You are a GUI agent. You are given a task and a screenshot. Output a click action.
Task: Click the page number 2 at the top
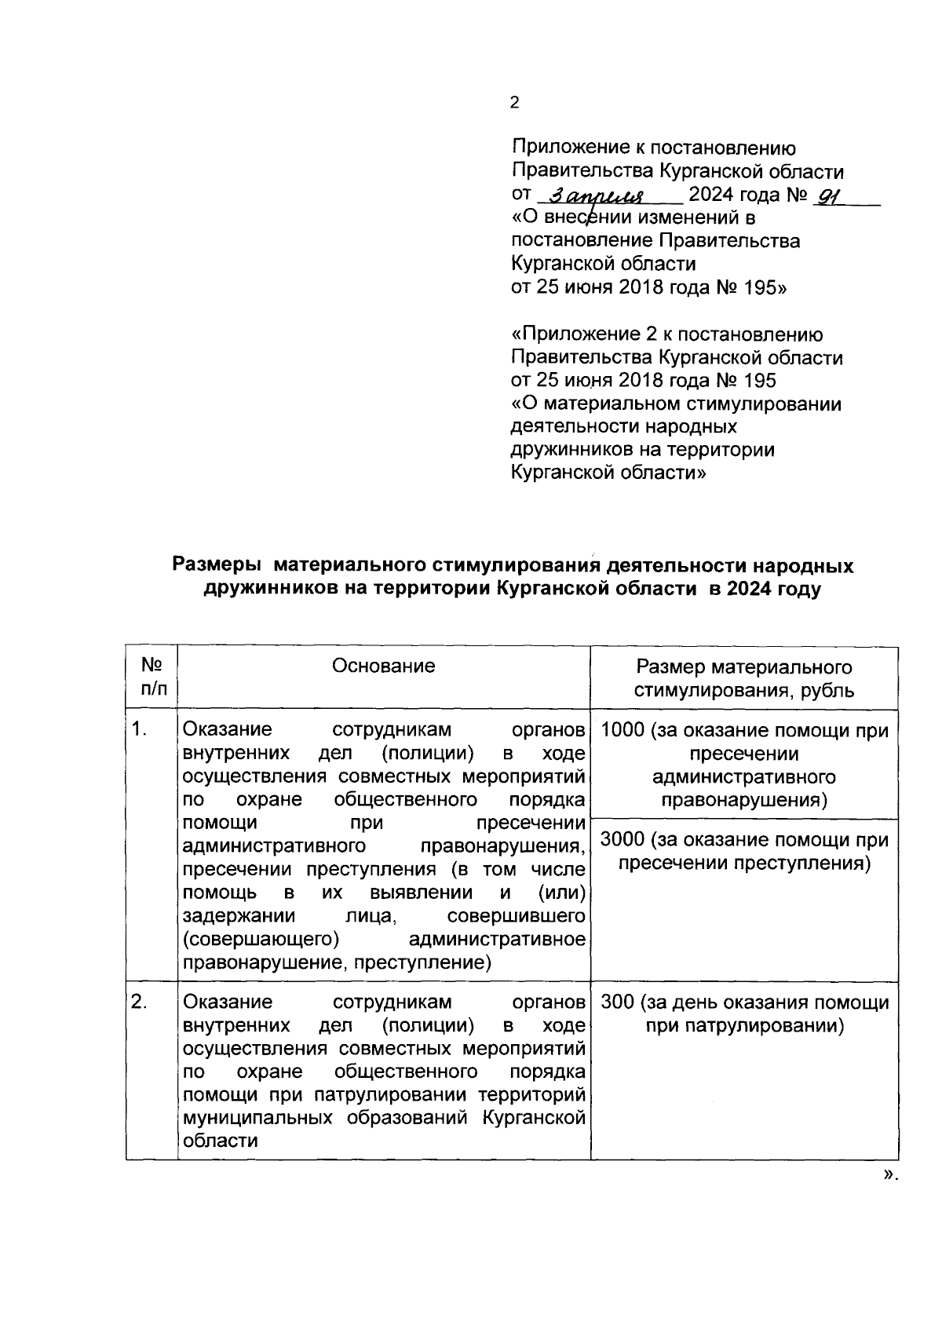tap(514, 103)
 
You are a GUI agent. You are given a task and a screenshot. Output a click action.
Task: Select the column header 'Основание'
tap(383, 666)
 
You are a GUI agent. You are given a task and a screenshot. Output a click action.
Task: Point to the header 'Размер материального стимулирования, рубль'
tap(744, 679)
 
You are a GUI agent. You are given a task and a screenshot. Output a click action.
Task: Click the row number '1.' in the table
tap(140, 729)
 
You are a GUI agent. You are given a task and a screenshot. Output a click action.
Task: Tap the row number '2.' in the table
tap(140, 1002)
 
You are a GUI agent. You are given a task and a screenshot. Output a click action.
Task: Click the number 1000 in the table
tap(622, 731)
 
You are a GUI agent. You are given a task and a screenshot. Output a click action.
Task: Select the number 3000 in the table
tap(622, 841)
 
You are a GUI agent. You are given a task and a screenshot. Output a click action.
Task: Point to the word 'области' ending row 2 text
tap(220, 1141)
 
